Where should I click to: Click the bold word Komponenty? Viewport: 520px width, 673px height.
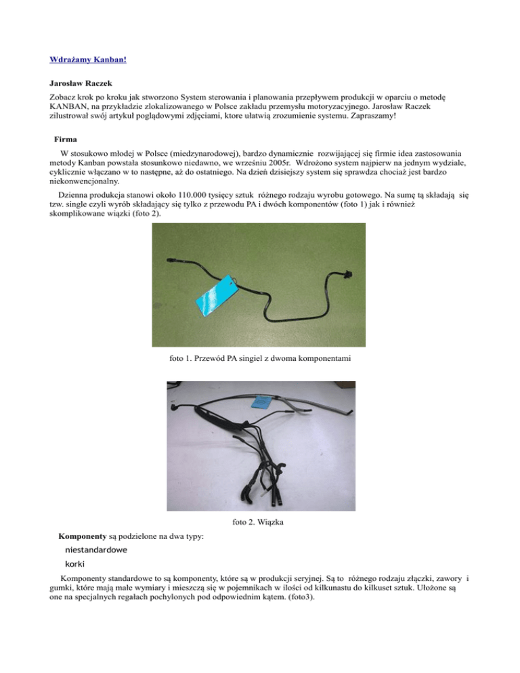tap(87, 536)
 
